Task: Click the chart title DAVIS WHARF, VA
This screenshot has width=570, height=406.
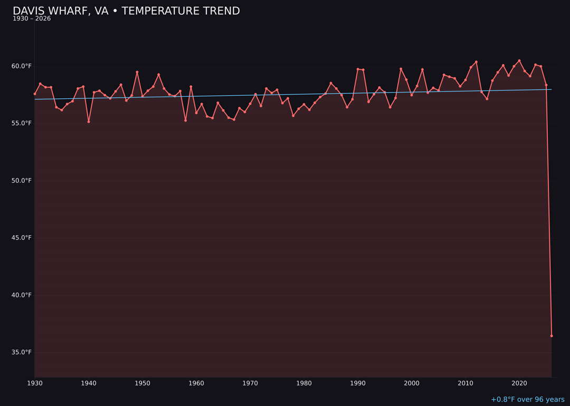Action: coord(126,11)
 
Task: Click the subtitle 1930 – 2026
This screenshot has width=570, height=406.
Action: coord(32,19)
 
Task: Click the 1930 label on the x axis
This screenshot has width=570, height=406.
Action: coord(35,383)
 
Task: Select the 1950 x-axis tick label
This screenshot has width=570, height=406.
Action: coord(142,383)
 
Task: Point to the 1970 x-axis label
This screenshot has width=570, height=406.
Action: coord(250,383)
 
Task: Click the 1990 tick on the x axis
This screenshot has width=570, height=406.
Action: coord(358,383)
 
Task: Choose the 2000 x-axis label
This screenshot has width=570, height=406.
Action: coord(412,383)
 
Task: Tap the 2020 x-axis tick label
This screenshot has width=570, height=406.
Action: coord(519,383)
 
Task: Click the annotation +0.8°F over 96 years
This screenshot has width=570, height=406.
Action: coord(527,400)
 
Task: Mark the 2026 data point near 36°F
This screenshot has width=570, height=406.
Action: coord(552,336)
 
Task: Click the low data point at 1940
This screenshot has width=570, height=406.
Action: coord(89,122)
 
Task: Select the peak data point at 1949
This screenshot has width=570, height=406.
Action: coord(137,72)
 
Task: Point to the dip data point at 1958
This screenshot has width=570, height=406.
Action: coord(185,121)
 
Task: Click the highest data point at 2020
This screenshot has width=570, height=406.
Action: coord(519,60)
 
